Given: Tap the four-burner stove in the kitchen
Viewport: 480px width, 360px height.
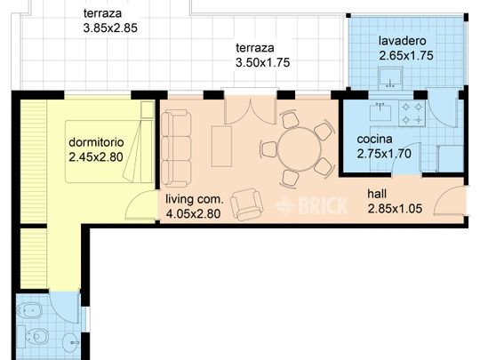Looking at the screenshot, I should pyautogui.click(x=412, y=114).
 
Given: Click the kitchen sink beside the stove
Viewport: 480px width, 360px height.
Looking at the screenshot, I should pyautogui.click(x=380, y=114).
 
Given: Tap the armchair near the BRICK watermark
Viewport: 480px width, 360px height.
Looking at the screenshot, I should pyautogui.click(x=246, y=205).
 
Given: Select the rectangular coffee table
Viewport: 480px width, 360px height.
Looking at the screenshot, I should pyautogui.click(x=221, y=147).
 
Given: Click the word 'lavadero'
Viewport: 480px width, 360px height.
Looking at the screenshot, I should pyautogui.click(x=403, y=41).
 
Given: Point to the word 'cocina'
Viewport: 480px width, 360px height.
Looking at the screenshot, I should pyautogui.click(x=375, y=140).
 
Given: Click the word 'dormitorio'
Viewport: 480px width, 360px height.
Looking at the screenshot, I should pyautogui.click(x=100, y=142).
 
